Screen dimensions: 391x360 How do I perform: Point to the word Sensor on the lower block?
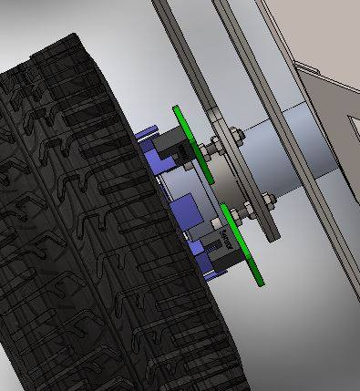click(225, 242)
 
